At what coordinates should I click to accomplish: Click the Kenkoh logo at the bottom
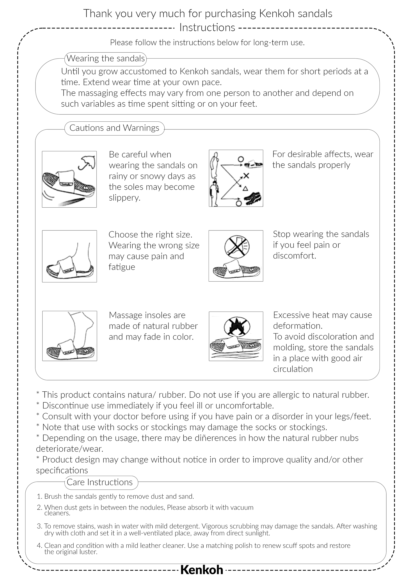click(202, 570)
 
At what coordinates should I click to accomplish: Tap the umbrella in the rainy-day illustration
click(87, 162)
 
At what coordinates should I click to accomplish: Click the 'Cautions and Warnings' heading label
click(114, 128)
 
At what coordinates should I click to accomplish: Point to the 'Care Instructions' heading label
click(99, 482)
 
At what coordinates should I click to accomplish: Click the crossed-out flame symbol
click(237, 326)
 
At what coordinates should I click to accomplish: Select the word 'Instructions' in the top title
click(207, 28)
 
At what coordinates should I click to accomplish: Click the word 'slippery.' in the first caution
click(124, 198)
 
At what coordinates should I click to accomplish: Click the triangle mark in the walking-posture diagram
click(245, 189)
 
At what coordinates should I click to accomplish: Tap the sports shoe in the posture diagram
click(253, 198)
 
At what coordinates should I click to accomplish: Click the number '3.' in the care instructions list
click(39, 526)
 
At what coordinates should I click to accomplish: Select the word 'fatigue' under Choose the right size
click(122, 267)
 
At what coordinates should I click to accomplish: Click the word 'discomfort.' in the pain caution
click(295, 256)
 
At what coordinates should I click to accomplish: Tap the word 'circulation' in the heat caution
click(293, 369)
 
